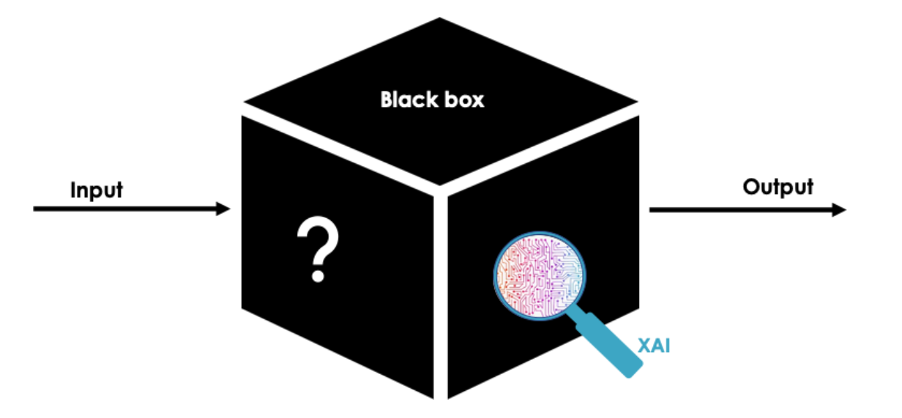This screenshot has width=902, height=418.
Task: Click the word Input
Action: pos(96,190)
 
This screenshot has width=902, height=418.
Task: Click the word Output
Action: pos(778,187)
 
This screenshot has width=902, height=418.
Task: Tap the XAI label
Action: pos(653,345)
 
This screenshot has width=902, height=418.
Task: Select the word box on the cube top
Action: pos(463,100)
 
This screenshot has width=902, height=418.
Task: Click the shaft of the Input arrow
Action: pos(124,209)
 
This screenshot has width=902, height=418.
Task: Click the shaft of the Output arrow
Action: pos(739,210)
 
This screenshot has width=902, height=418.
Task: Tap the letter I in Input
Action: pos(73,190)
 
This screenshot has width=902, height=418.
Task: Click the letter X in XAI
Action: pos(642,345)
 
